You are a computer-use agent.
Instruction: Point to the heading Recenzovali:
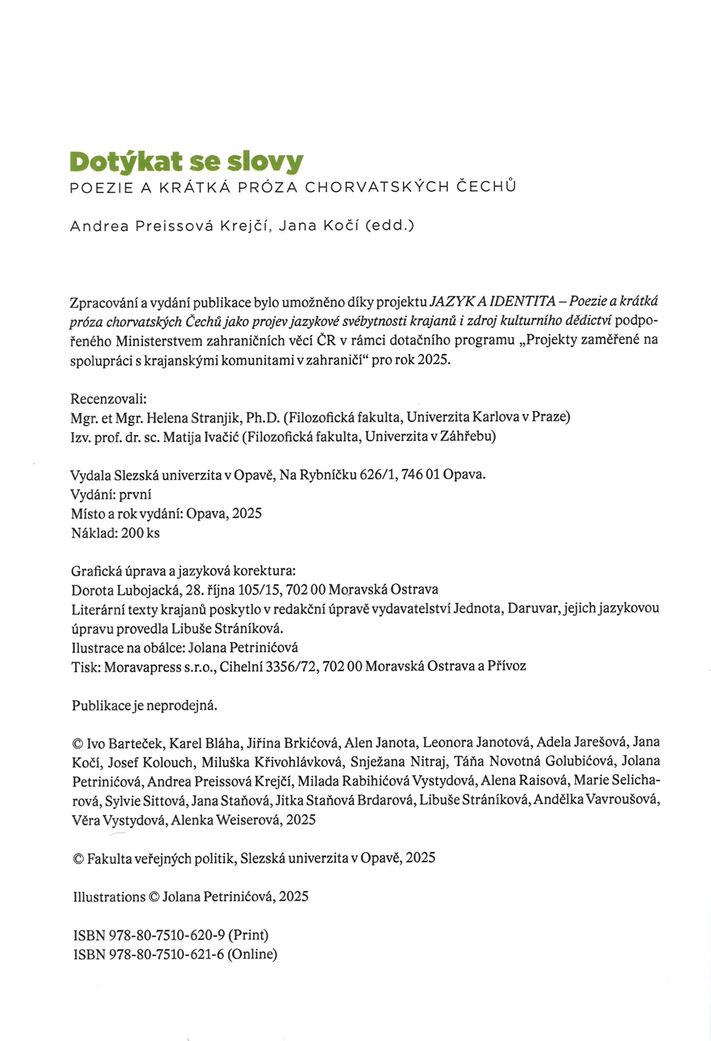109,398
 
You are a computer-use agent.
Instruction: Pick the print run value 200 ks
140,533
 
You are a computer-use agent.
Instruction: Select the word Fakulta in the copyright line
110,858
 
